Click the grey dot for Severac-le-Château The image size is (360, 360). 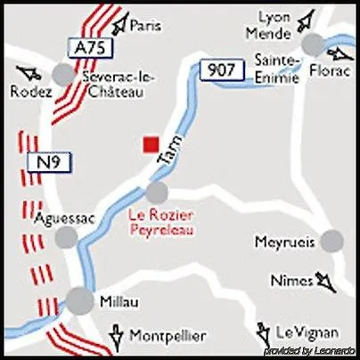64,74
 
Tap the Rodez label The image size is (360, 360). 25,91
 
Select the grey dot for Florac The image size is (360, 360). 313,45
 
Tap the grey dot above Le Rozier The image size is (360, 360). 157,192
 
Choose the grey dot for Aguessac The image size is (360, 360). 66,237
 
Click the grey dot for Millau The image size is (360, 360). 80,300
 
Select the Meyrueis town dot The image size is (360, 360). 331,240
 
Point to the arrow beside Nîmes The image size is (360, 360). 325,282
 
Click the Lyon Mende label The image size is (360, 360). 274,27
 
